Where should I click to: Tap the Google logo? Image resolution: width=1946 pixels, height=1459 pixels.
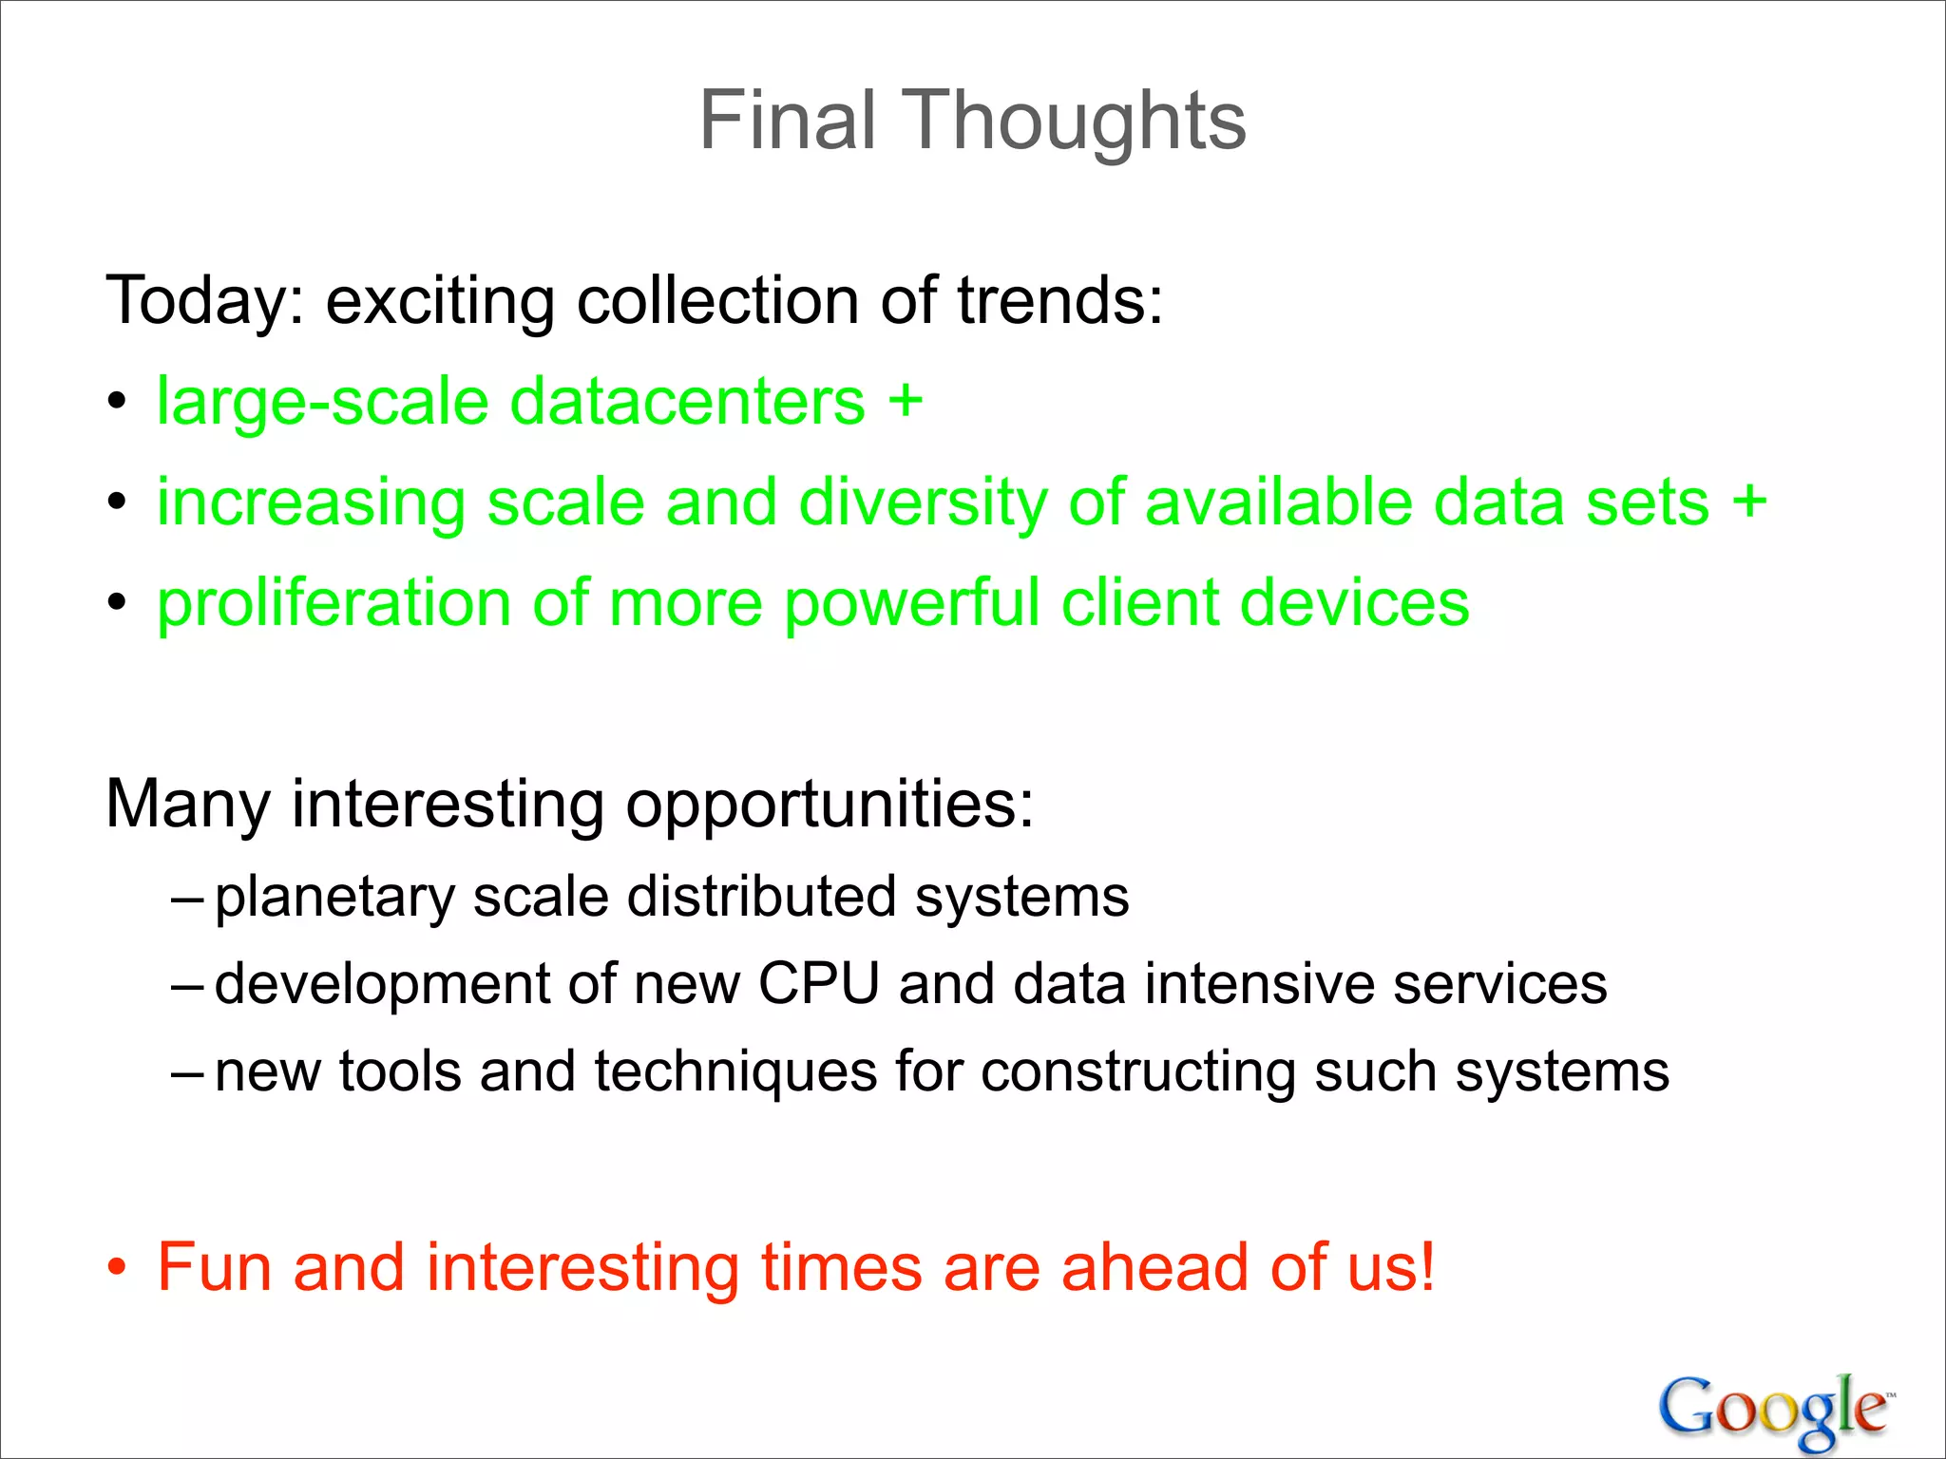(1775, 1410)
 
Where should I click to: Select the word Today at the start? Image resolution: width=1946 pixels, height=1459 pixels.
(203, 301)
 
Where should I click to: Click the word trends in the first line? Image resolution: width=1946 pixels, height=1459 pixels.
(1059, 301)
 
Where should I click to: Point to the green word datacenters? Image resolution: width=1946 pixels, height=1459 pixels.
(687, 401)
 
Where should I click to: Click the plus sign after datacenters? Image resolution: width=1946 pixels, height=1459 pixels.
(905, 401)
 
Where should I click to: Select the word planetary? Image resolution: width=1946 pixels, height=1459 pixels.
(334, 897)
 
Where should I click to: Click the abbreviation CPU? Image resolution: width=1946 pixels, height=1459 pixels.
(819, 983)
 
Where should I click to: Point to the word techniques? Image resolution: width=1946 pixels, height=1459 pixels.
(735, 1071)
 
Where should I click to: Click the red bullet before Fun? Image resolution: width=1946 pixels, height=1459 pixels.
(116, 1268)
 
